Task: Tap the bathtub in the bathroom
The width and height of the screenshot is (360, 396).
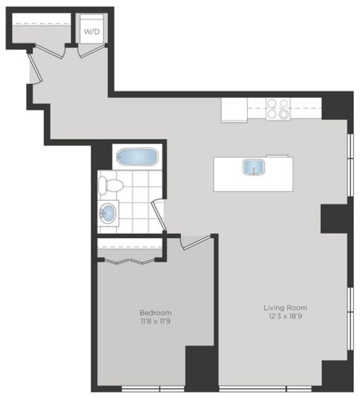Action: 135,158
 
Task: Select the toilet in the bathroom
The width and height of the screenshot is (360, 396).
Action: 112,185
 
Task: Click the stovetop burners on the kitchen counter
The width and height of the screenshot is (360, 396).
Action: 279,109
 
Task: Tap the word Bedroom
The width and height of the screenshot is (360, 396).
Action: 155,311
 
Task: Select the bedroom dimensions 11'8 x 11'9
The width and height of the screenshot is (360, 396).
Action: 155,322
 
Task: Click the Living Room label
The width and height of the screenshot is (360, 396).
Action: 285,308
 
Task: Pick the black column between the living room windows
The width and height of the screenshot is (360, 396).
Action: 335,217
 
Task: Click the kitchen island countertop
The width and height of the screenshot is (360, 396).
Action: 225,174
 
